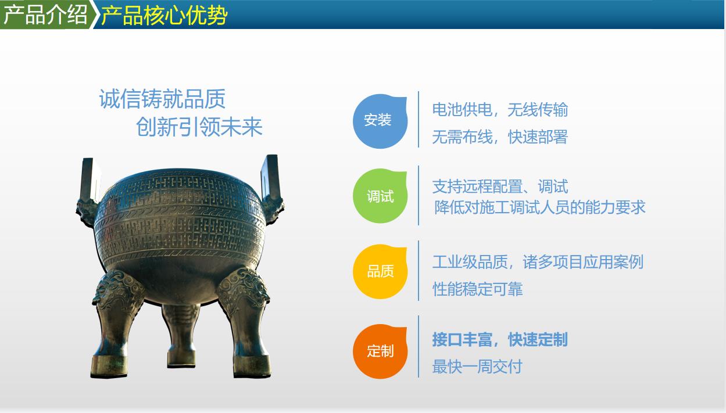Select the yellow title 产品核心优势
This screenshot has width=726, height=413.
coord(164,15)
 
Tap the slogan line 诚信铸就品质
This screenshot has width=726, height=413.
coord(162,99)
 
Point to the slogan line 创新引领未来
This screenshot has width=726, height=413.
coord(199,127)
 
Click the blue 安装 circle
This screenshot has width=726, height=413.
coord(380,121)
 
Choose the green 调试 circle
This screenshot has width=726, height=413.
coord(380,196)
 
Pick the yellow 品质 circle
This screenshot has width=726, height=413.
coord(380,271)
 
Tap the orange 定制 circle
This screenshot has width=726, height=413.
coord(380,351)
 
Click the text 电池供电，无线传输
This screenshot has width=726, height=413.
coord(500,109)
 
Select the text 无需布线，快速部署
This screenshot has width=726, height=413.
coord(500,137)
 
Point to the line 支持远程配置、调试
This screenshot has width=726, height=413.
coord(500,186)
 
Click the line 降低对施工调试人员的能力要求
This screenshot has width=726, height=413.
coord(539,207)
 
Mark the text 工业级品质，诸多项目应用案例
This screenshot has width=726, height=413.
coord(538,262)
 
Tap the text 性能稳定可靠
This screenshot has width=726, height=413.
coord(477,289)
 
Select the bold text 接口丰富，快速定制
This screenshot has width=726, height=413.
coord(500,339)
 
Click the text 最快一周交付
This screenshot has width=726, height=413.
coord(477,367)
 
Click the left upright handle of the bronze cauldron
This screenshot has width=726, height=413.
coord(90,179)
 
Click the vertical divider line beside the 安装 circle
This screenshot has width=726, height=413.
coord(419,119)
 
